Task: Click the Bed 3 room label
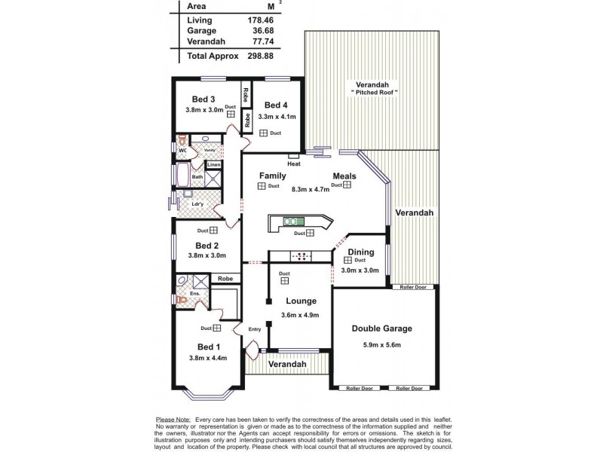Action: click(204, 99)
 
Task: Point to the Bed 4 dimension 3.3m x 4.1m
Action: click(277, 117)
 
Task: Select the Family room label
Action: click(272, 175)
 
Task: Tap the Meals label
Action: click(344, 176)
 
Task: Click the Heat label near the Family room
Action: click(294, 163)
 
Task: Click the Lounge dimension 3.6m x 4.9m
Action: click(300, 316)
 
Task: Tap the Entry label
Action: click(255, 328)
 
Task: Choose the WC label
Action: click(182, 151)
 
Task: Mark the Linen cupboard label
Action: click(214, 164)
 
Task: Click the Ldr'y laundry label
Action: click(197, 203)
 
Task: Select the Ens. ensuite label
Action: click(194, 294)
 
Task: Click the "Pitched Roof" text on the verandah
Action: click(374, 92)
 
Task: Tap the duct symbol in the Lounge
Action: click(285, 281)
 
